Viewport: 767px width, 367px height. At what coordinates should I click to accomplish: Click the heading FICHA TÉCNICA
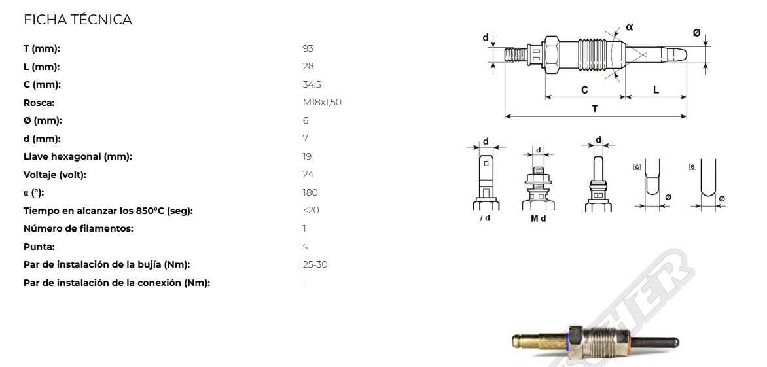tap(78, 20)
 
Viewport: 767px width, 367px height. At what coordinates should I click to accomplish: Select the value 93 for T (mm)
tap(308, 48)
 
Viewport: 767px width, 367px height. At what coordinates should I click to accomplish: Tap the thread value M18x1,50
tap(322, 103)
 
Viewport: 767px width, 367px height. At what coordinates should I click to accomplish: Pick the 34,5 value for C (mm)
tap(312, 84)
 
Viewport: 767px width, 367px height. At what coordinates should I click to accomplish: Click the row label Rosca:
tap(39, 103)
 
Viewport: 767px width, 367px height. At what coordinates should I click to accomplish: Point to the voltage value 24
tap(308, 175)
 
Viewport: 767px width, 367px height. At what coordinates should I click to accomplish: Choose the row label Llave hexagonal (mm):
tap(78, 156)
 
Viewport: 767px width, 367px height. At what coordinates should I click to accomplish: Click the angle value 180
tap(310, 192)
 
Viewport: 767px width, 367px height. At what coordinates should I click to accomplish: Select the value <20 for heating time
tap(311, 210)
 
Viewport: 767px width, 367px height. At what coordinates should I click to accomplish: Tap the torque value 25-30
tap(315, 264)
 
